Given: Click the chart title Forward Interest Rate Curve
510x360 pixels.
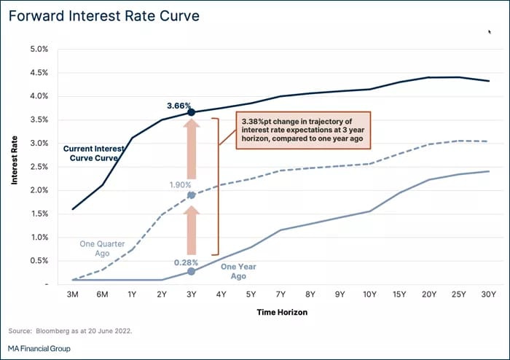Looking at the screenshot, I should pyautogui.click(x=105, y=15).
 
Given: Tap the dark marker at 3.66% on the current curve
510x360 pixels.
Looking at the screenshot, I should pyautogui.click(x=191, y=112).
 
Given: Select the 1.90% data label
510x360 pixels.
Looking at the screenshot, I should pyautogui.click(x=179, y=185).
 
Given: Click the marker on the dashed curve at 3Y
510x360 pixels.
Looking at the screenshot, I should pyautogui.click(x=191, y=195).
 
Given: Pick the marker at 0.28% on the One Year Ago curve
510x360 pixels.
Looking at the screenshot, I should pyautogui.click(x=191, y=271).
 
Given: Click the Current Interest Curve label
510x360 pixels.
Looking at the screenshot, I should pyautogui.click(x=94, y=153).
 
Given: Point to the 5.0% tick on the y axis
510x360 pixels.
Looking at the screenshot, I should pyautogui.click(x=39, y=49).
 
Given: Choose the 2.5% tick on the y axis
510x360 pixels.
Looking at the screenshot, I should pyautogui.click(x=39, y=166).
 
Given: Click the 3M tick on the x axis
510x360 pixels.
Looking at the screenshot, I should pyautogui.click(x=72, y=294).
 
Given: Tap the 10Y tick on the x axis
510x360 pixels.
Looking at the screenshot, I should pyautogui.click(x=369, y=294).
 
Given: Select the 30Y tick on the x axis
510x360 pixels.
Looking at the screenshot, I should pyautogui.click(x=488, y=294).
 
